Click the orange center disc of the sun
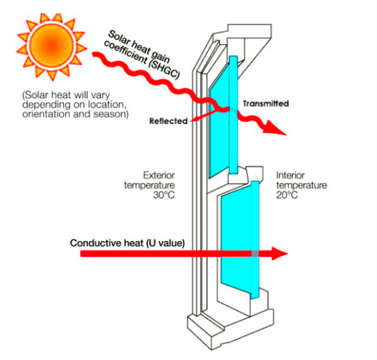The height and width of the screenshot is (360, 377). pyautogui.click(x=51, y=45)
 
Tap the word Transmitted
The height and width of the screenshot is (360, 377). pyautogui.click(x=266, y=104)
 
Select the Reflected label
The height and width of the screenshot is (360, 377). pyautogui.click(x=169, y=121)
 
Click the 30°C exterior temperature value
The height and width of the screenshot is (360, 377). pyautogui.click(x=164, y=195)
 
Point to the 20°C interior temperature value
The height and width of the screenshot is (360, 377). pyautogui.click(x=287, y=195)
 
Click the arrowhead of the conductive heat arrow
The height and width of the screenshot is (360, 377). pyautogui.click(x=279, y=253)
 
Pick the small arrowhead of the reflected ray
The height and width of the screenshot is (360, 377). pyautogui.click(x=194, y=119)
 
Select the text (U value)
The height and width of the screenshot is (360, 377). pyautogui.click(x=166, y=243)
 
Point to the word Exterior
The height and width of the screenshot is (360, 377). pyautogui.click(x=159, y=175)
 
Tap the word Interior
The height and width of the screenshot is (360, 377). pyautogui.click(x=290, y=175)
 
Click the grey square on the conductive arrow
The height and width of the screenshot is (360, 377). pyautogui.click(x=255, y=253)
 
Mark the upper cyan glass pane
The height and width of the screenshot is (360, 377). pyautogui.click(x=223, y=115)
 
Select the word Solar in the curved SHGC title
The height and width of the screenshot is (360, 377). pyautogui.click(x=118, y=38)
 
